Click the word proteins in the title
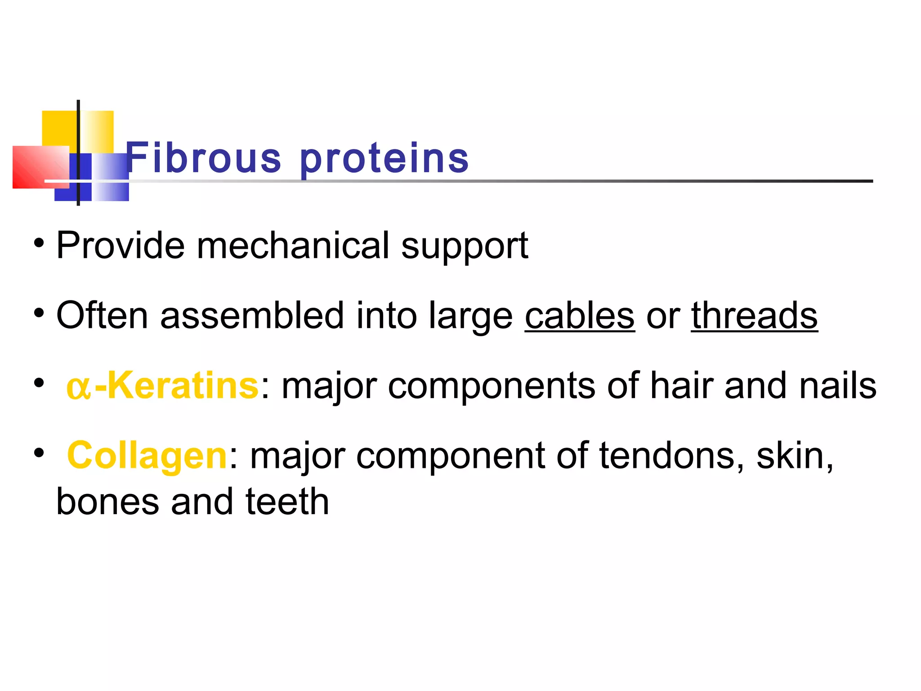click(384, 158)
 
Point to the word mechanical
click(293, 246)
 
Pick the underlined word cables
click(580, 316)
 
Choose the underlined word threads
click(754, 316)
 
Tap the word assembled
click(252, 316)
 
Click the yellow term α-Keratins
click(162, 386)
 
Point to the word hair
click(681, 386)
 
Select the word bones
click(107, 502)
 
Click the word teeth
click(287, 502)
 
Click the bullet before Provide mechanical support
click(39, 243)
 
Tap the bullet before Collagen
click(39, 453)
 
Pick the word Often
click(102, 316)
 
